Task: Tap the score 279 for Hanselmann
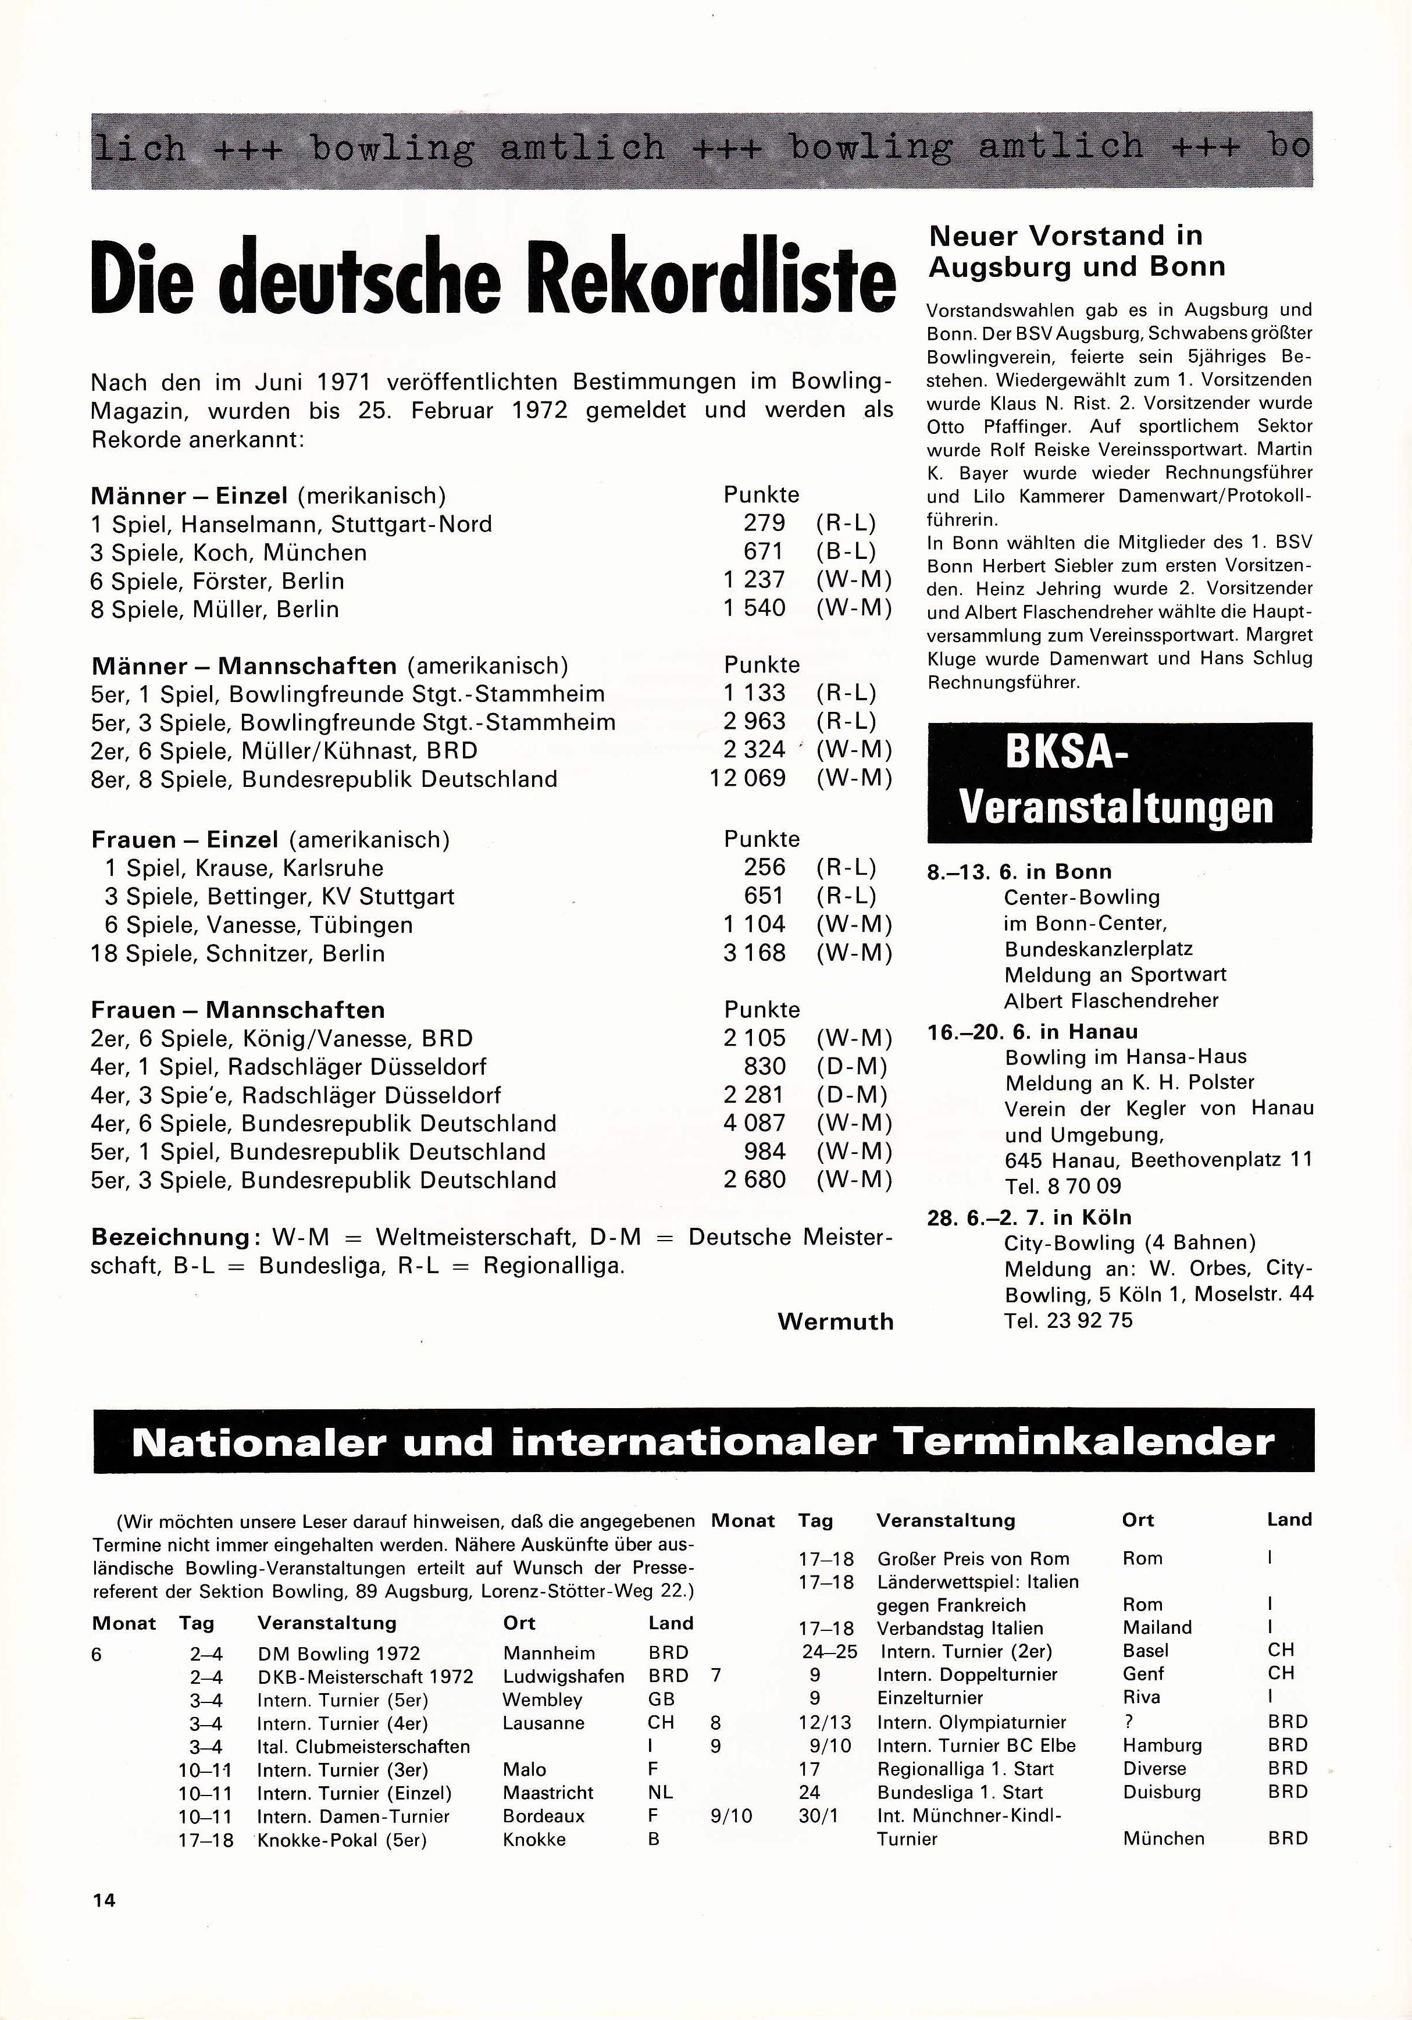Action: pyautogui.click(x=764, y=523)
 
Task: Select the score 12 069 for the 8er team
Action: pyautogui.click(x=748, y=779)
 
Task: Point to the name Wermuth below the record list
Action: pyautogui.click(x=835, y=1321)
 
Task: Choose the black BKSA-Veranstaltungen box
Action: pyautogui.click(x=1119, y=782)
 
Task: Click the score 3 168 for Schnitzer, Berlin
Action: pyautogui.click(x=754, y=953)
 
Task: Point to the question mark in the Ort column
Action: pyautogui.click(x=1129, y=1722)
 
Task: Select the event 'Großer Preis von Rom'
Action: pyautogui.click(x=973, y=1558)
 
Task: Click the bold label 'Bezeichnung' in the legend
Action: pyautogui.click(x=170, y=1237)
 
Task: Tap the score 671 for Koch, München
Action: pyautogui.click(x=764, y=551)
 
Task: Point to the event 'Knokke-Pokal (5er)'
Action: pyautogui.click(x=341, y=1840)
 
